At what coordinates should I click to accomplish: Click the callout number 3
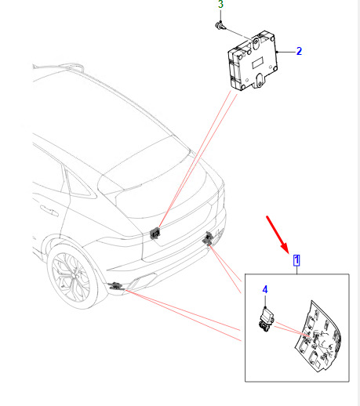pyautogui.click(x=220, y=4)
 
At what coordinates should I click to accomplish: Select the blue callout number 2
pyautogui.click(x=299, y=51)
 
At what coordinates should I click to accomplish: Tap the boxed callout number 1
pyautogui.click(x=296, y=260)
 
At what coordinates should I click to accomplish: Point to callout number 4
pyautogui.click(x=265, y=289)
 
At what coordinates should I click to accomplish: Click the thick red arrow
pyautogui.click(x=278, y=234)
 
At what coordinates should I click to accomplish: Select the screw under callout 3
pyautogui.click(x=220, y=26)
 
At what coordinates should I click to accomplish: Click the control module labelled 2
pyautogui.click(x=253, y=61)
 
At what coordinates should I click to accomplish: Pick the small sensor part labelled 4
pyautogui.click(x=266, y=320)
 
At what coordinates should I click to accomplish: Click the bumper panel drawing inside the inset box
pyautogui.click(x=318, y=337)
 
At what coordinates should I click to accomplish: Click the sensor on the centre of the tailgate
pyautogui.click(x=155, y=233)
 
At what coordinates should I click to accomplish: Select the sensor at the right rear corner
pyautogui.click(x=209, y=238)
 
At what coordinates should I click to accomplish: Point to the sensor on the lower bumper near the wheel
pyautogui.click(x=115, y=286)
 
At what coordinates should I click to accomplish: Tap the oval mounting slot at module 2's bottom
pyautogui.click(x=260, y=79)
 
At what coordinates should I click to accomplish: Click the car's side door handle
pyautogui.click(x=49, y=211)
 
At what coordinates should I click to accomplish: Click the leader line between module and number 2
pyautogui.click(x=286, y=52)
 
